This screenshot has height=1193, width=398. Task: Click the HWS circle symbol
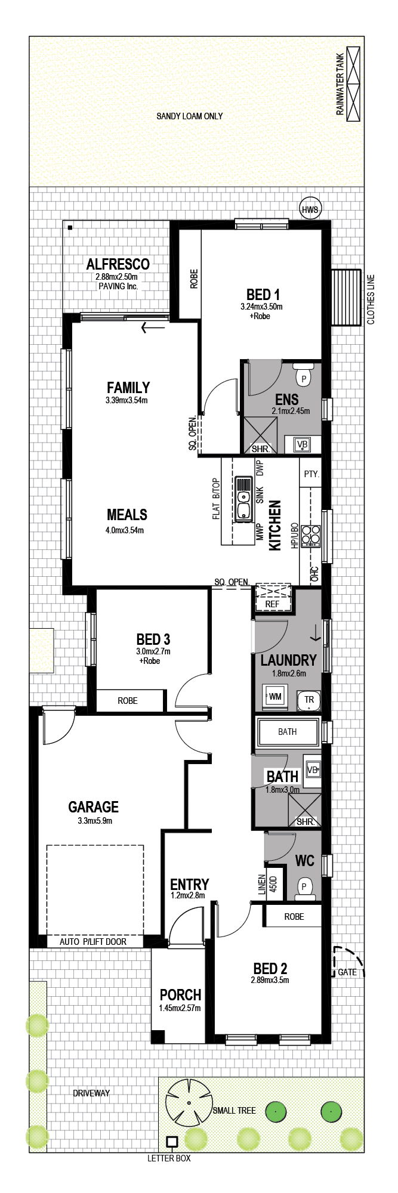click(x=310, y=209)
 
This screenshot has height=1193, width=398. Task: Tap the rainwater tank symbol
click(x=354, y=84)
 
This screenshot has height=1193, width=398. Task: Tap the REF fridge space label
click(x=272, y=604)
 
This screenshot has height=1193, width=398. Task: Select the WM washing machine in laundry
click(x=275, y=697)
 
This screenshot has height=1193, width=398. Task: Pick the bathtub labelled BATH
click(x=288, y=732)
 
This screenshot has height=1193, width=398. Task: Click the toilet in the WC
click(x=305, y=888)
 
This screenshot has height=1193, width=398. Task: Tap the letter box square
click(x=172, y=1142)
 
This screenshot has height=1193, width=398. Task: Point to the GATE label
click(x=347, y=972)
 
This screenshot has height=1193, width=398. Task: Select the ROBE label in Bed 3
click(x=128, y=701)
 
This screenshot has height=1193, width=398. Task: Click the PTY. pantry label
click(x=311, y=474)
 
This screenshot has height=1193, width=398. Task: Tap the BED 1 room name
click(x=263, y=294)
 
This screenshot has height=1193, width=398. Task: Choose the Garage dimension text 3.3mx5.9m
click(x=95, y=820)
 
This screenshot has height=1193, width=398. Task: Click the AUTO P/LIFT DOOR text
click(x=93, y=942)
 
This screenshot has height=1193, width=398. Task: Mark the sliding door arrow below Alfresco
click(x=153, y=327)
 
